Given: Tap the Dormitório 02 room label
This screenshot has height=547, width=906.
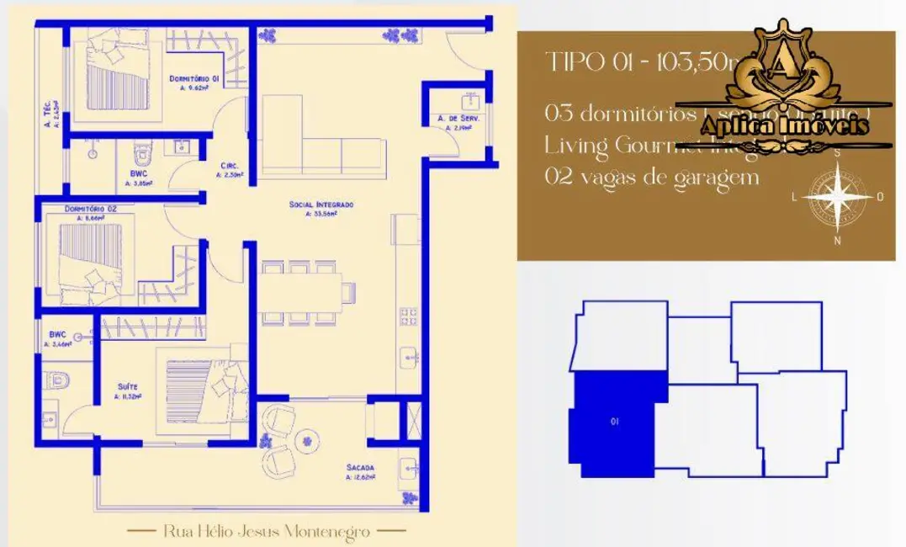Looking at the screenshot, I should click(89, 209).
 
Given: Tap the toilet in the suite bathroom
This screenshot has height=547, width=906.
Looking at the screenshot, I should click(57, 381).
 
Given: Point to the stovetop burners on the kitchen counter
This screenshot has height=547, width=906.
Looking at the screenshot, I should click(408, 316).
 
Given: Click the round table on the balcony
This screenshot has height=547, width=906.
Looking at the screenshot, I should click(306, 439).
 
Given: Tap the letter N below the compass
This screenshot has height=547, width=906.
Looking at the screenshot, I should click(838, 241).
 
